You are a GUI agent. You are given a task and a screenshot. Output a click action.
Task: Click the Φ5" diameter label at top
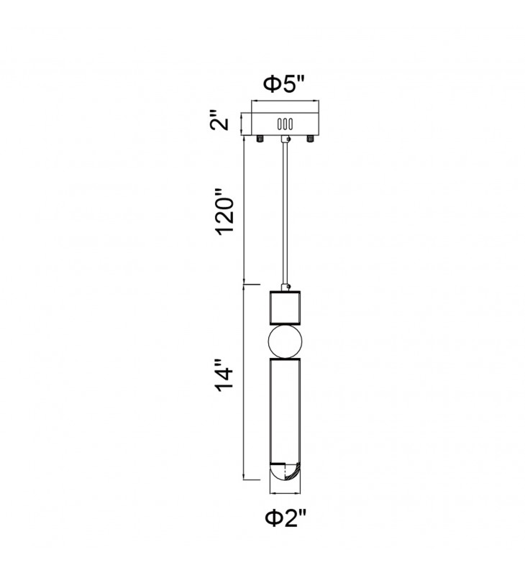[x=284, y=85]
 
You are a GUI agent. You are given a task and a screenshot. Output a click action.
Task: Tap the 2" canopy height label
[x=219, y=119]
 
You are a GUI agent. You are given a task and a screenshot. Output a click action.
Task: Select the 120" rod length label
[x=224, y=212]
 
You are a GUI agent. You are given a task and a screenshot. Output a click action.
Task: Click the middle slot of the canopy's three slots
[x=285, y=124]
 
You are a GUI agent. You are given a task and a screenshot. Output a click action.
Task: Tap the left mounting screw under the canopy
[x=260, y=139]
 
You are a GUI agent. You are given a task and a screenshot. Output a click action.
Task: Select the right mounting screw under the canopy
[x=311, y=139]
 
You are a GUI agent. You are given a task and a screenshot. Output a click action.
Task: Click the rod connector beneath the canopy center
[x=285, y=139]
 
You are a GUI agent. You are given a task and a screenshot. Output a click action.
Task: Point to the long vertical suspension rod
[x=285, y=213]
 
